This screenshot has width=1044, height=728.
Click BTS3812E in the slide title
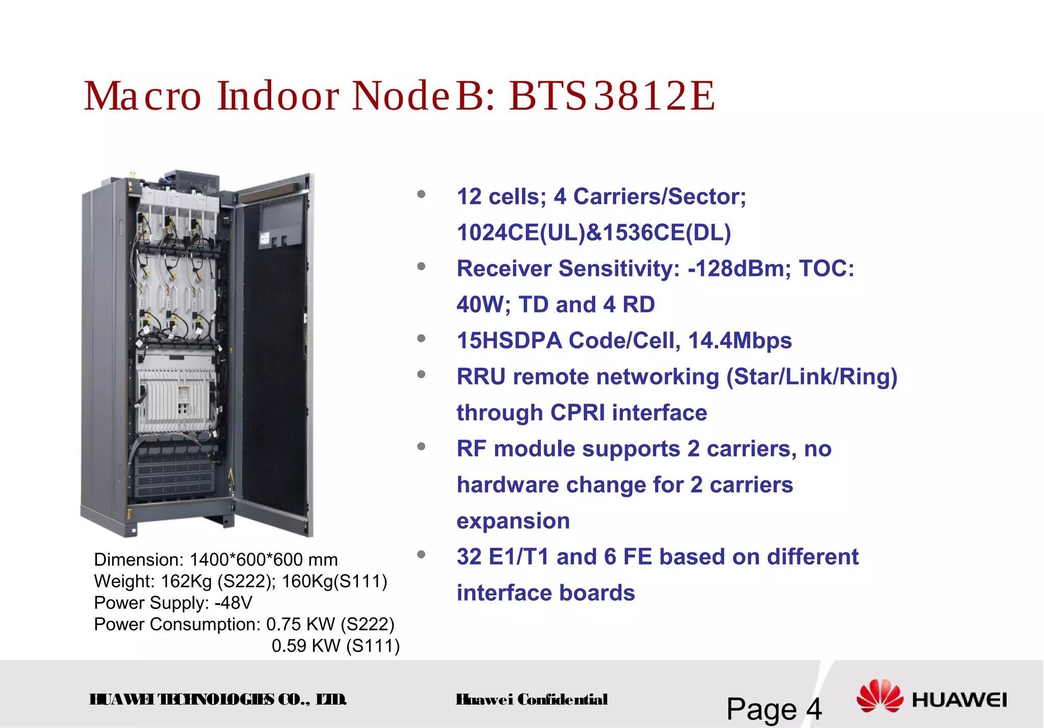[x=612, y=96]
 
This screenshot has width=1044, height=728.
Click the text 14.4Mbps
[x=740, y=341]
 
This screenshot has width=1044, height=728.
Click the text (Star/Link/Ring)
[x=812, y=377]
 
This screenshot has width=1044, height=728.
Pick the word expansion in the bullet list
[x=513, y=521]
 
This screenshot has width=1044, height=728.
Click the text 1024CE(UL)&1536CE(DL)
[x=593, y=233]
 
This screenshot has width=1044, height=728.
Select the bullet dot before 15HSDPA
[x=421, y=338]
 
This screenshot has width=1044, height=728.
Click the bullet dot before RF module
[x=421, y=446]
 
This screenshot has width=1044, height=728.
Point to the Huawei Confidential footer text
[x=531, y=699]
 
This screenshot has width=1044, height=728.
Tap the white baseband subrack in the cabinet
[x=173, y=393]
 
